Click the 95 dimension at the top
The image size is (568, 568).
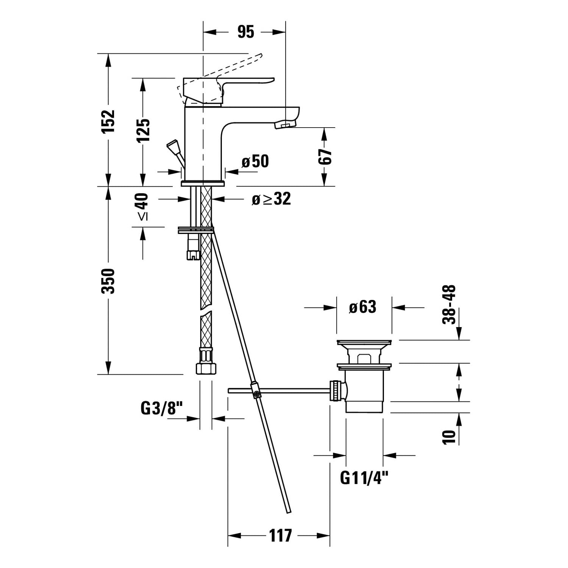pos(246,32)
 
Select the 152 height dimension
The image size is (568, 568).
pos(108,121)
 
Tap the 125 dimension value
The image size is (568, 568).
pos(143,130)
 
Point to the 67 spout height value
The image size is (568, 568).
pos(325,156)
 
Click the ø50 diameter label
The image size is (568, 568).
pos(255,161)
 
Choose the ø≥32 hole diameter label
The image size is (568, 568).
pos(272,199)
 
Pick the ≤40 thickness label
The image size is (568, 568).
pos(143,207)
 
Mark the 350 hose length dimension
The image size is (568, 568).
pos(108,281)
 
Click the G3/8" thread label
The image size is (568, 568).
pos(162,408)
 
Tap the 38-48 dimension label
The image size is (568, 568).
pos(449,304)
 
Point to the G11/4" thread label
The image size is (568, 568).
pos(364,478)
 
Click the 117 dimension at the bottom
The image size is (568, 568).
pos(281,535)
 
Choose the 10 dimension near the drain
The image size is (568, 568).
pos(449,437)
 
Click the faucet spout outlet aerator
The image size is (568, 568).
pos(285,124)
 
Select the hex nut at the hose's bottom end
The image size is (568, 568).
pos(206,368)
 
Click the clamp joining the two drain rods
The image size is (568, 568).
pos(255,390)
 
